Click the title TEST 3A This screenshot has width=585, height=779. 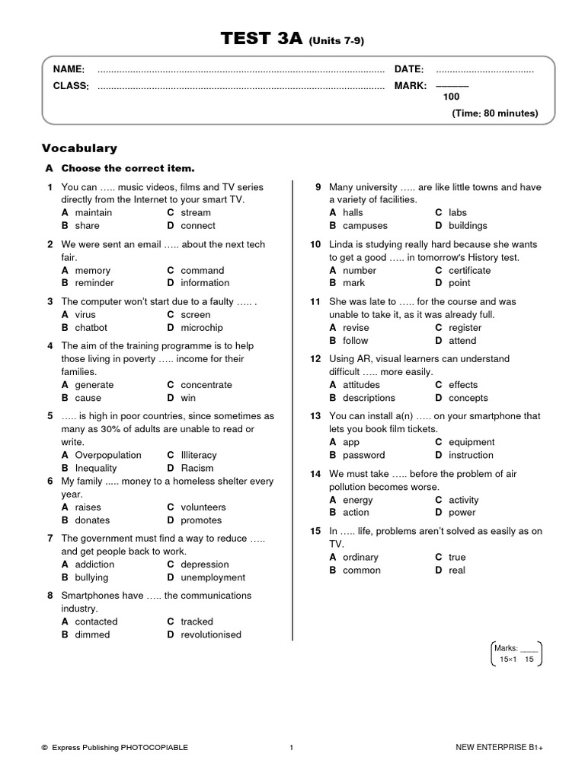263,40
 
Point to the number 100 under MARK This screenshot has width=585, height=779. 451,97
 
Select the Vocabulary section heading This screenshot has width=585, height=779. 79,148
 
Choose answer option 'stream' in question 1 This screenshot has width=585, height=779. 196,213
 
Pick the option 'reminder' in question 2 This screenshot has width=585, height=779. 97,283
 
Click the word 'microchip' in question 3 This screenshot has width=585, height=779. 202,327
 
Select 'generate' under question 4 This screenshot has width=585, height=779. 94,385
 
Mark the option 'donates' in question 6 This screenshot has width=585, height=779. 92,520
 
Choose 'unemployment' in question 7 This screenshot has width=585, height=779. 213,577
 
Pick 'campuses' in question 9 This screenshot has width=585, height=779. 365,226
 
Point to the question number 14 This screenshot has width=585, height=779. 315,474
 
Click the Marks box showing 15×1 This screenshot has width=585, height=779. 515,653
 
